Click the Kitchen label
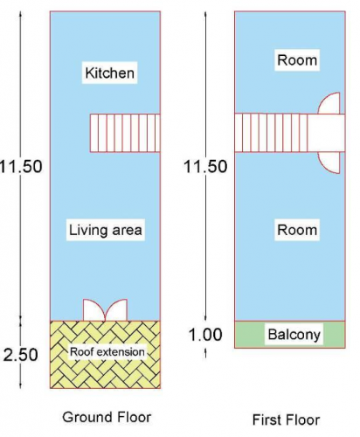tap(109, 73)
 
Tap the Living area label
tap(106, 230)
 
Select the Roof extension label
tap(107, 352)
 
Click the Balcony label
tap(294, 335)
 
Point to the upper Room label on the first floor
tap(297, 60)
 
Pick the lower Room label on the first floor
tap(297, 230)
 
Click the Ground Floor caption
tap(107, 417)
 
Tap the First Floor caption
tap(286, 420)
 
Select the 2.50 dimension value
tap(20, 355)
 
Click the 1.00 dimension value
tap(205, 335)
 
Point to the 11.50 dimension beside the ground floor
tap(21, 167)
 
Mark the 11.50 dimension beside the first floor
tap(205, 167)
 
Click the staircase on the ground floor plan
tap(125, 133)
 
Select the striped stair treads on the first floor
tap(271, 133)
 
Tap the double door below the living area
tap(105, 310)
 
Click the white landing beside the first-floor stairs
tap(326, 133)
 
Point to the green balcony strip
tap(290, 335)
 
